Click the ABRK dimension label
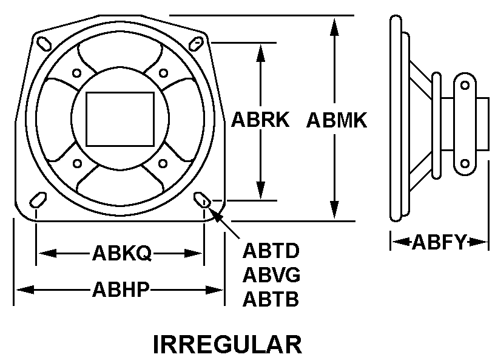[260, 120]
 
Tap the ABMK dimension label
[337, 120]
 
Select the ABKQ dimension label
[122, 253]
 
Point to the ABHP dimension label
[120, 289]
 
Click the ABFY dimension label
[439, 242]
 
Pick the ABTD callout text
[271, 251]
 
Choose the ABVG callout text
[271, 274]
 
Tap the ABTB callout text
[271, 299]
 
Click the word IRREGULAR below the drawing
[227, 344]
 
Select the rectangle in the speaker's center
[120, 119]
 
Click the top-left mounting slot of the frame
[44, 44]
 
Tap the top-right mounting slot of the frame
[196, 44]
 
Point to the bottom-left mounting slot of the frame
[38, 200]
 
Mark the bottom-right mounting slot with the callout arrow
[202, 200]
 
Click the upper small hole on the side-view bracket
[465, 85]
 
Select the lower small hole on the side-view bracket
[465, 164]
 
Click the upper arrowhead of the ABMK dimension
[334, 27]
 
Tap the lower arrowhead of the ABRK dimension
[261, 190]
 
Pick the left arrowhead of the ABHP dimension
[25, 290]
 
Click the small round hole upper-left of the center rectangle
[76, 73]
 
